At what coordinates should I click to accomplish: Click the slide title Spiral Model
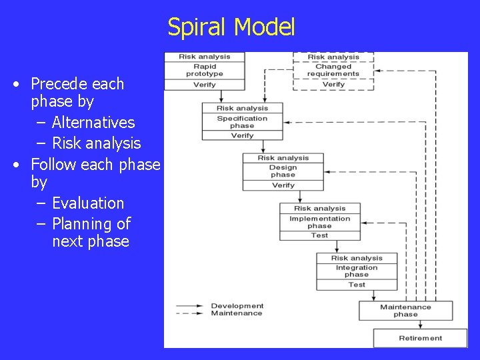[231, 27]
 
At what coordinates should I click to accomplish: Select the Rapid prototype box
[205, 70]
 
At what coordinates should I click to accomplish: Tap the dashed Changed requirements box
[333, 70]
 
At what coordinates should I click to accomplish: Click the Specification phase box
[242, 122]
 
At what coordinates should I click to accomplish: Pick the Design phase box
[283, 171]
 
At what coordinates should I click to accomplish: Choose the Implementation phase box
[319, 222]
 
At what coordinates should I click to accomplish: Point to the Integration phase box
[356, 271]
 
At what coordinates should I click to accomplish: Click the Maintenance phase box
[405, 311]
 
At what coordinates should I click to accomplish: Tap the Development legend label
[237, 306]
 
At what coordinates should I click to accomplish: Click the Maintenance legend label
[237, 313]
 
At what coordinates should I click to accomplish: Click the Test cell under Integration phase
[356, 285]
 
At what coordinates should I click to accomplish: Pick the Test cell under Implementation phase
[319, 235]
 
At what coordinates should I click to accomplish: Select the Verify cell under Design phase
[283, 185]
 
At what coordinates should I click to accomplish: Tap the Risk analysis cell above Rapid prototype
[205, 57]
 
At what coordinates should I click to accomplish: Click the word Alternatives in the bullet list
[93, 123]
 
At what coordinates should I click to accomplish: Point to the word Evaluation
[88, 203]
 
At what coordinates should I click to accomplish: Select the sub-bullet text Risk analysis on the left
[97, 143]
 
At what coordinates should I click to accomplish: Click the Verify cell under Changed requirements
[333, 85]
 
